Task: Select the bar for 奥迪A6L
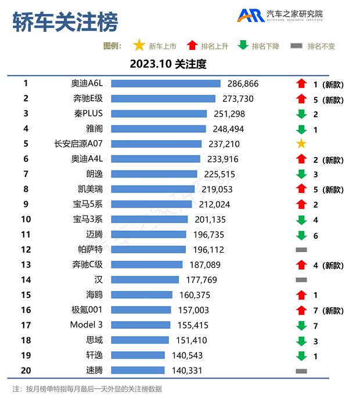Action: tap(165, 84)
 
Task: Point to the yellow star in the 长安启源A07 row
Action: tap(301, 144)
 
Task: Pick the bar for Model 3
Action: tap(141, 325)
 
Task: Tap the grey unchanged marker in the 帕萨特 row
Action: tap(301, 249)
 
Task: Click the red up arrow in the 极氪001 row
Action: tap(301, 310)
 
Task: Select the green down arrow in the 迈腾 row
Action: tap(301, 235)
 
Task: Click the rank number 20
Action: tap(26, 370)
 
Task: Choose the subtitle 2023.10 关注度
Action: tap(168, 64)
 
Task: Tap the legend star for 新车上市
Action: tap(139, 46)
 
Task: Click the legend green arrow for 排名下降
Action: tap(243, 46)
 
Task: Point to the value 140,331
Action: tap(186, 370)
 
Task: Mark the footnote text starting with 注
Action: tap(87, 388)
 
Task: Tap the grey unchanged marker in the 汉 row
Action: tap(301, 280)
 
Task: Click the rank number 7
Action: tap(26, 174)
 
